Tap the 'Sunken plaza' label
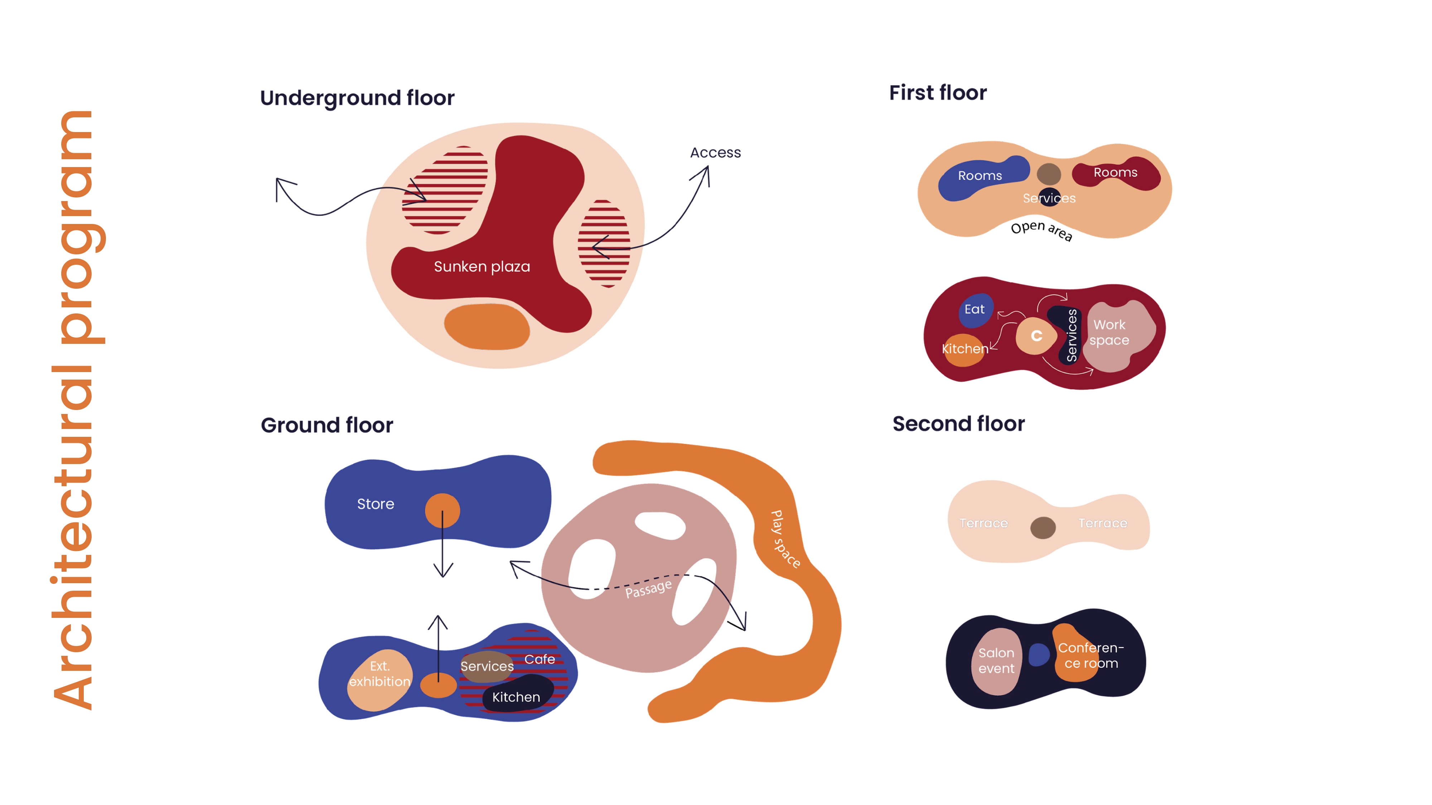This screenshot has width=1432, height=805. [x=482, y=267]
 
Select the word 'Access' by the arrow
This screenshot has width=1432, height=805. [x=715, y=153]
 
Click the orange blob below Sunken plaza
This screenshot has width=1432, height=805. [x=487, y=327]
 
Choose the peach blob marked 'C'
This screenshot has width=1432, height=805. [x=1036, y=336]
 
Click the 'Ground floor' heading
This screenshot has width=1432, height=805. [x=327, y=425]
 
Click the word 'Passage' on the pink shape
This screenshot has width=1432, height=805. [x=648, y=588]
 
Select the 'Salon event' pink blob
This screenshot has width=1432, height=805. [x=996, y=661]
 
